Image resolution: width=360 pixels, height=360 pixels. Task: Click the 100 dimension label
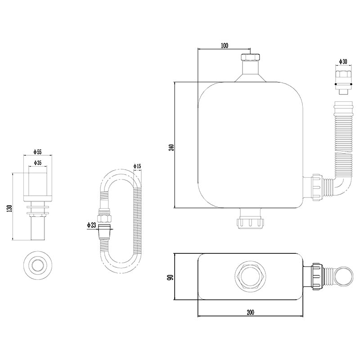coord(225,45)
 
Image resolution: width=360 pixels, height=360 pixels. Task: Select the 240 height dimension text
coord(171,147)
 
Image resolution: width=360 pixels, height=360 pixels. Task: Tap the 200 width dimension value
coord(251,312)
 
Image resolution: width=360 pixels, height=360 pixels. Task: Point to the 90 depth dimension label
coord(171,277)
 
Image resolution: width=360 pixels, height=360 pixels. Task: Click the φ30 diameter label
coord(343,61)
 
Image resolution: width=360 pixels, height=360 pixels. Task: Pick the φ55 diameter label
coord(37,152)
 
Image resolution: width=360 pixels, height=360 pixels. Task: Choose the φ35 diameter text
coord(37,163)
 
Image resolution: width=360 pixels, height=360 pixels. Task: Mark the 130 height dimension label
coord(9,208)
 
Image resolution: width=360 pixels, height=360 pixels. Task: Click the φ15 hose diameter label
coord(137,166)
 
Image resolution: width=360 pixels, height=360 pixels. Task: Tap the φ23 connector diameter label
coord(91,225)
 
